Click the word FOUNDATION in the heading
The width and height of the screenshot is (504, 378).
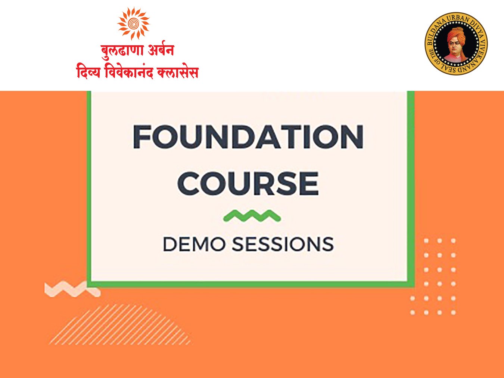pos(248,137)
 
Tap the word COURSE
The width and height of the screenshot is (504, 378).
pos(248,183)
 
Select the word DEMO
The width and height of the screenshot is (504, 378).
pos(194,244)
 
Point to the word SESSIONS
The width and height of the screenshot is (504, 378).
pos(283,244)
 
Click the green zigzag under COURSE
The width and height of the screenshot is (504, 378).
pos(252,216)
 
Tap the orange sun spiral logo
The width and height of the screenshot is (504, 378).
pos(133,23)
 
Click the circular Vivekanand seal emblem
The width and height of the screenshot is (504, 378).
pos(456,43)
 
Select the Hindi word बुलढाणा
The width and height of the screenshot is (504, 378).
pos(122,50)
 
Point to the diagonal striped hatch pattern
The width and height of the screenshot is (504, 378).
pos(120,324)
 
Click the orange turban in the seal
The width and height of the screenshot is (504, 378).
pos(456,34)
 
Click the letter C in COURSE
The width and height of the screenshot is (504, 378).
pos(188,183)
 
